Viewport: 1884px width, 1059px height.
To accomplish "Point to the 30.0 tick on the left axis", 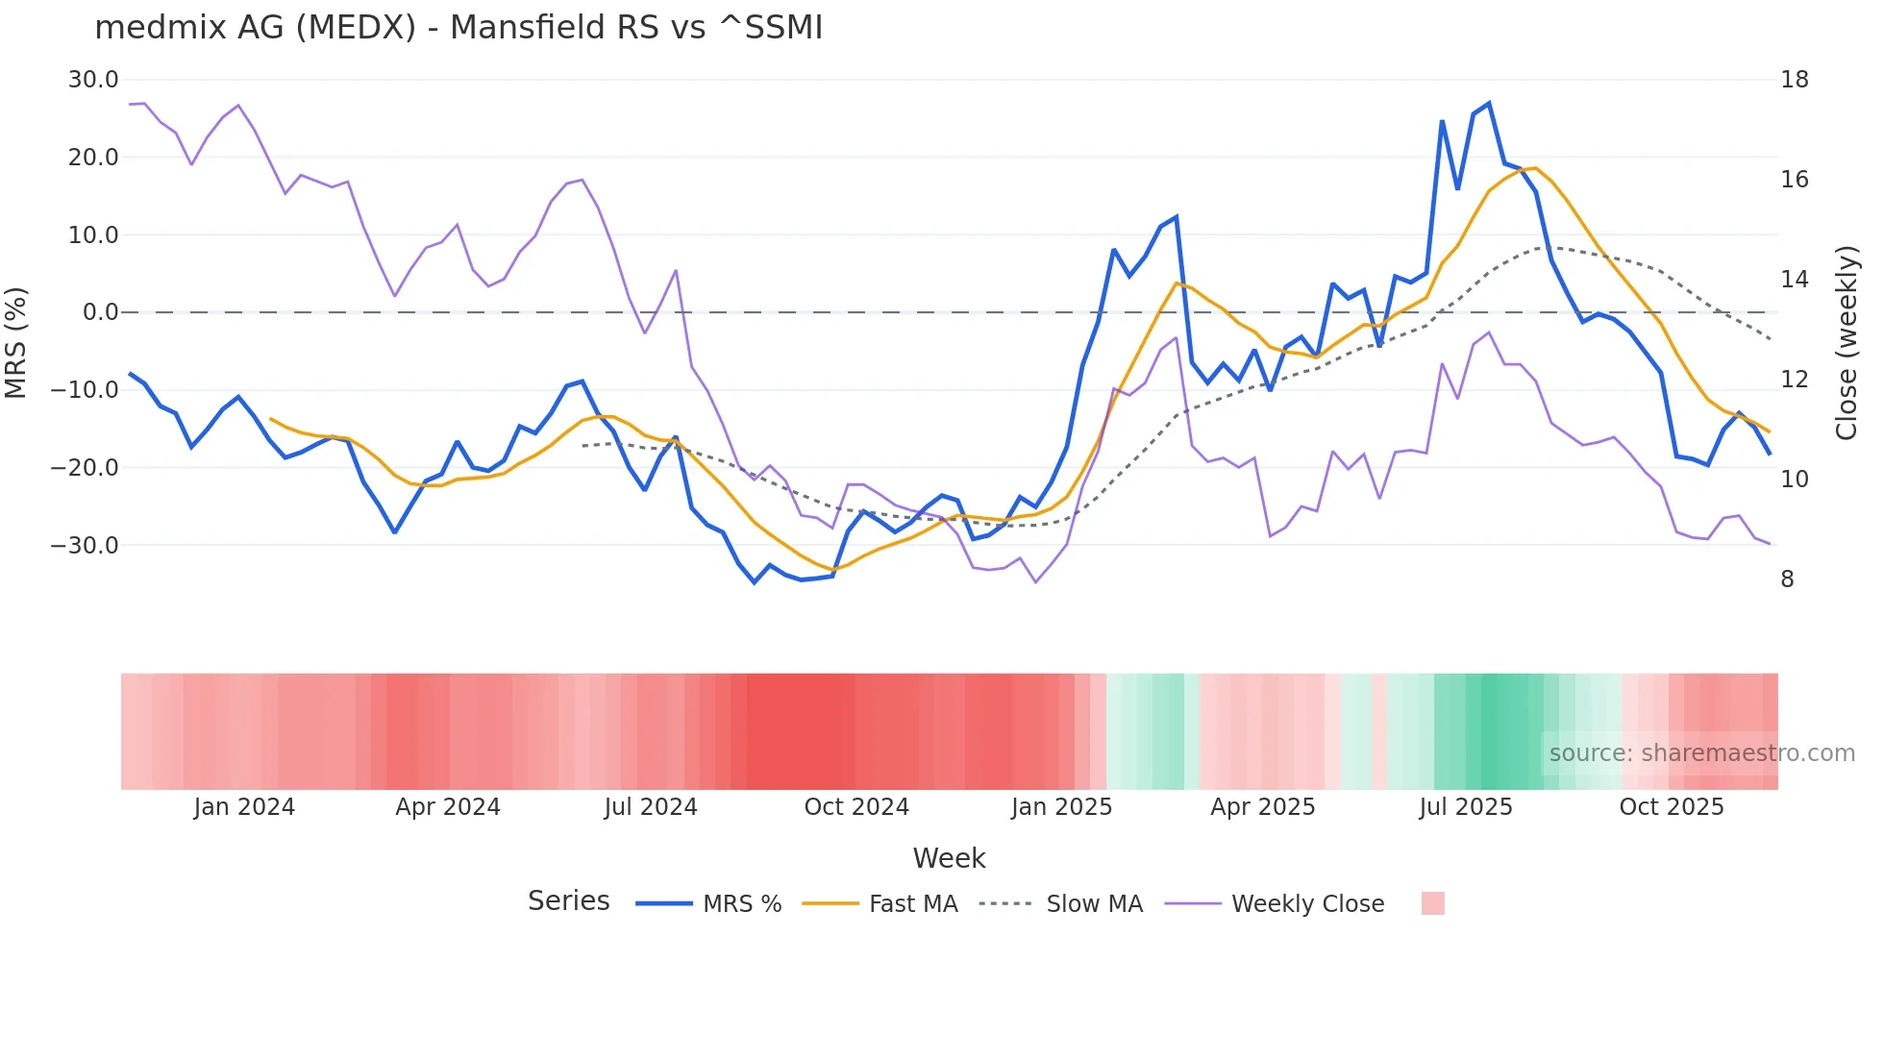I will click(93, 80).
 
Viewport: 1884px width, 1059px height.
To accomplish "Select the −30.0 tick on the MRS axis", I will click(85, 545).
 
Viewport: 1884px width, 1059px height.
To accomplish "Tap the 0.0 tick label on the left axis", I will click(101, 312).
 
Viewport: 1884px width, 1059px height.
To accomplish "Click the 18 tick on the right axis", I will click(1794, 80).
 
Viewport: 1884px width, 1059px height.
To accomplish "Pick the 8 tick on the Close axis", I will click(1787, 579).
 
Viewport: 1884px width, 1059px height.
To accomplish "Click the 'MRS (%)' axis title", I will click(16, 342).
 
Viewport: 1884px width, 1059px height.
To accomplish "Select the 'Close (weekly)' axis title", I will click(1846, 342).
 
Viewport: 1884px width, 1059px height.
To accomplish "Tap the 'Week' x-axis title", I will click(949, 858).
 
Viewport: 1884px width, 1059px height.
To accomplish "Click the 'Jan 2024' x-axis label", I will click(244, 807).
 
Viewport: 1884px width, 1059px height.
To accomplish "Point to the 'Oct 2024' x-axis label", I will click(856, 807).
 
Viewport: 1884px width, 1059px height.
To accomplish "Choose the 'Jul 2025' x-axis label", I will click(1466, 807).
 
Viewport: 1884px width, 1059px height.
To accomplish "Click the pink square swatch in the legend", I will click(1432, 903).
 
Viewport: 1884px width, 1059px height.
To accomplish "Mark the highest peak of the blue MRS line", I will click(1489, 103).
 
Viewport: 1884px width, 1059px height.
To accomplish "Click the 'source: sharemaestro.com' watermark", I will click(1701, 753).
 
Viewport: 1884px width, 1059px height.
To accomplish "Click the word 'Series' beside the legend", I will click(568, 901).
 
